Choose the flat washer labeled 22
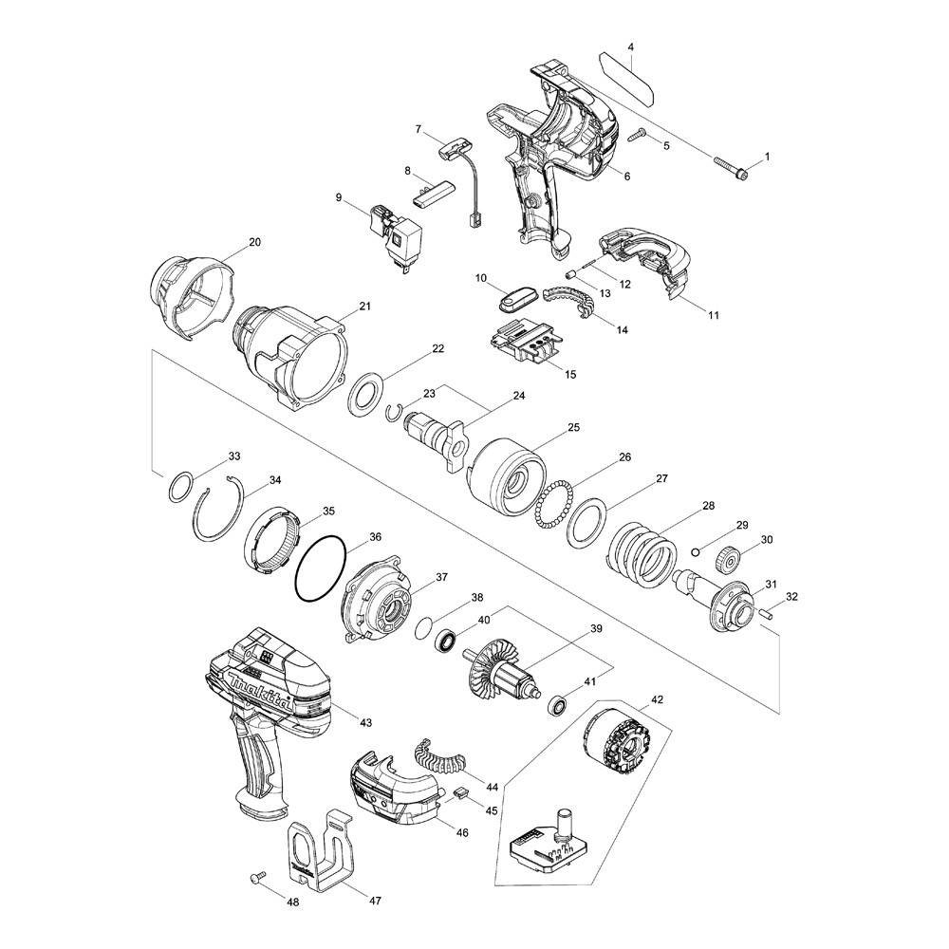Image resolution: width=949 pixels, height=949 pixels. [366, 391]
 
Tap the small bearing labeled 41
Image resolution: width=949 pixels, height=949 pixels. [558, 705]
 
